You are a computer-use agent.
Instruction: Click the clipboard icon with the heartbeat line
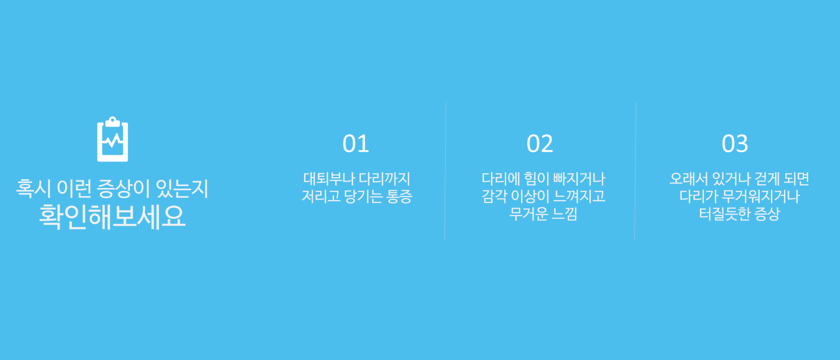click(112, 139)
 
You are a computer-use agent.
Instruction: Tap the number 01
click(356, 144)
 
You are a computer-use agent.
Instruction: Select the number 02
click(540, 144)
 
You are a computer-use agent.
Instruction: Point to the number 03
click(735, 144)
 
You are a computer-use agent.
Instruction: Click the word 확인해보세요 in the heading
click(112, 216)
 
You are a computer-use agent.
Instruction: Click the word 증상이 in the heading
click(123, 188)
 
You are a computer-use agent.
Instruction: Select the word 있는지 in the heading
click(182, 188)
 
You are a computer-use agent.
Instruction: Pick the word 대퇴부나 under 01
click(329, 179)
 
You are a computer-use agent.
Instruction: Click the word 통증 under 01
click(399, 196)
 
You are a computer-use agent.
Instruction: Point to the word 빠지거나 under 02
click(579, 179)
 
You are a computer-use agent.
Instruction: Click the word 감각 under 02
click(495, 196)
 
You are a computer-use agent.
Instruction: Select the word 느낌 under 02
click(565, 214)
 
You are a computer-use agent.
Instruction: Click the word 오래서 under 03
click(689, 179)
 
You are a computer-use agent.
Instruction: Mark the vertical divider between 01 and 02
click(445, 171)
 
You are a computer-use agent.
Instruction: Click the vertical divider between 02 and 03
click(635, 171)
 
